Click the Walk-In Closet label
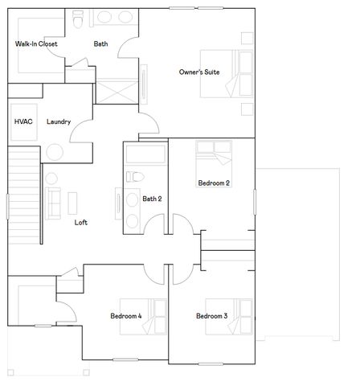coord(35,44)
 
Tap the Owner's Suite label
coord(199,72)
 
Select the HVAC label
coord(22,121)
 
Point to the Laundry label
coord(59,122)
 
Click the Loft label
coord(81,222)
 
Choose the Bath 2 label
coord(153,199)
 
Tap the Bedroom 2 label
coord(214,183)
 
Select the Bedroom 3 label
coord(212,316)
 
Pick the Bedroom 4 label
coord(126,316)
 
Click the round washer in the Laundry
coord(55,152)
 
